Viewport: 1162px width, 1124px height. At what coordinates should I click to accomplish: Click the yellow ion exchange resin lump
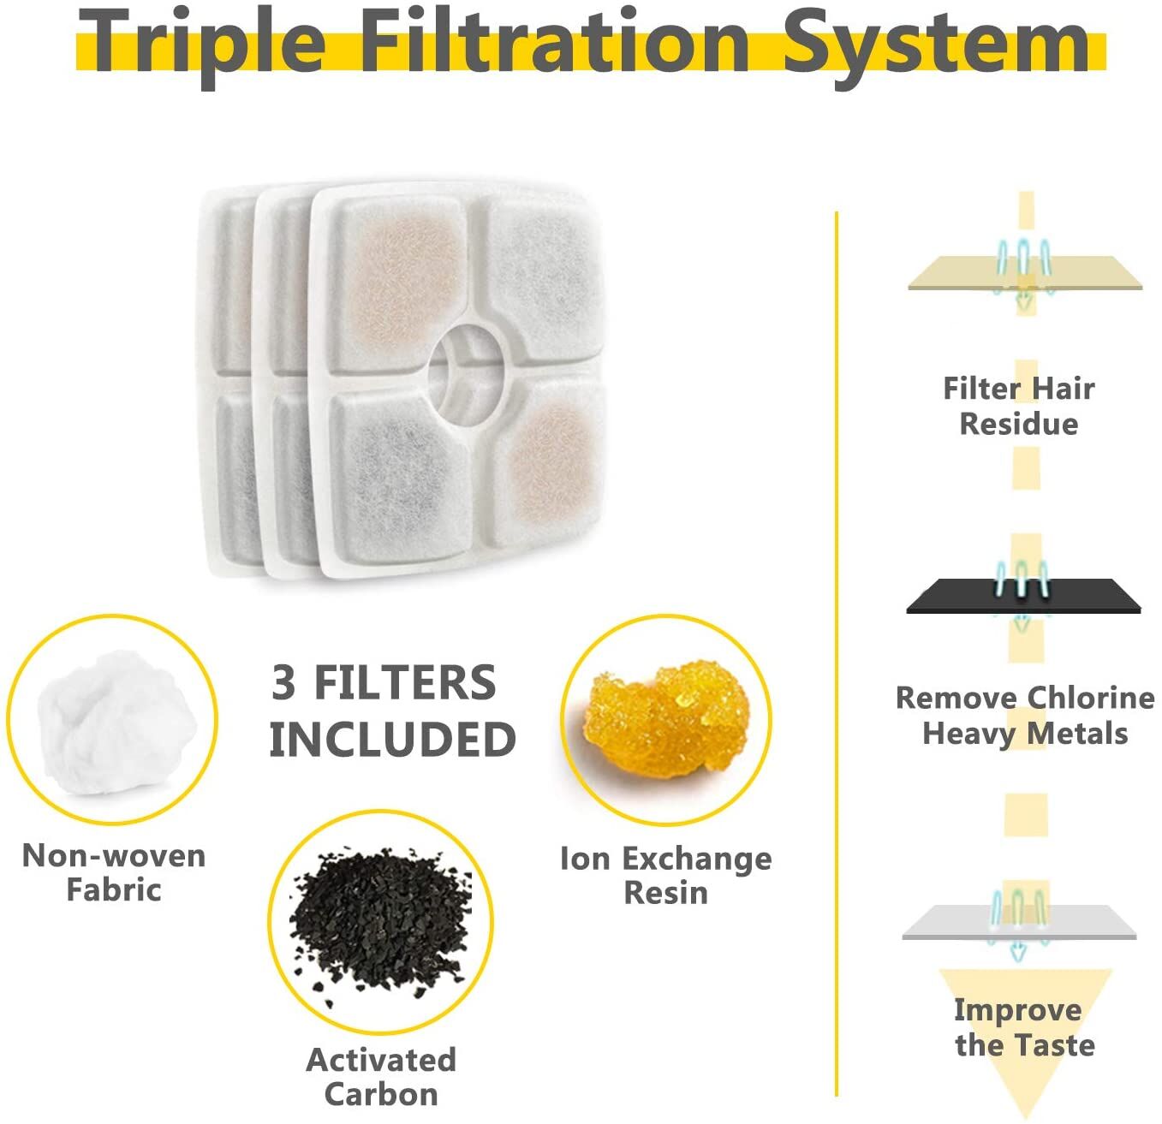(x=664, y=717)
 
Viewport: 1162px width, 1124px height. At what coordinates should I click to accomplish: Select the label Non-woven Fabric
(x=113, y=872)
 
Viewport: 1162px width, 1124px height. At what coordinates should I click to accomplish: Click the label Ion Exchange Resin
(x=666, y=876)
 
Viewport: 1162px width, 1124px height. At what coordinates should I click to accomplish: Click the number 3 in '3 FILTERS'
(x=283, y=682)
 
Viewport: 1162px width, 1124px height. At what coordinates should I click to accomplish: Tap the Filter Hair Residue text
(x=1019, y=406)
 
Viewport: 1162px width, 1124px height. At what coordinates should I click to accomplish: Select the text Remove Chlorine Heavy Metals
(x=1025, y=715)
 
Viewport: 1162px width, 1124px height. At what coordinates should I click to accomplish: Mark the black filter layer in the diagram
(x=1023, y=596)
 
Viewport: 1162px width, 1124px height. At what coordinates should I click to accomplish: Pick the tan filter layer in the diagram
(x=1025, y=273)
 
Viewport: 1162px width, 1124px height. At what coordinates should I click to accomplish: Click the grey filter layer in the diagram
(x=1019, y=923)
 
